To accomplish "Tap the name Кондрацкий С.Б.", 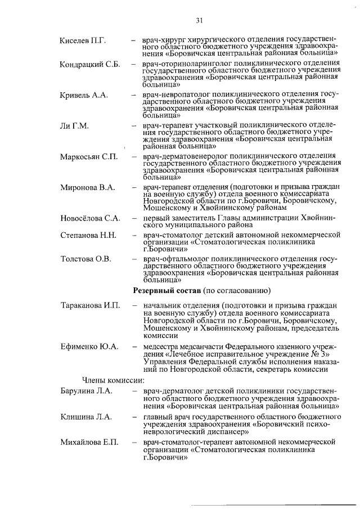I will click(x=90, y=64).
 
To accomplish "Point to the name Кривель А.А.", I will click(x=84, y=94).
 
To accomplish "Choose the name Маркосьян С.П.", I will click(x=89, y=156).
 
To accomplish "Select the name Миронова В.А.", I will click(x=87, y=187).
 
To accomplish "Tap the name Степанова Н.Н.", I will click(x=88, y=234).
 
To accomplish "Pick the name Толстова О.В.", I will click(x=86, y=259).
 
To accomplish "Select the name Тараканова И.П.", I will click(x=90, y=305).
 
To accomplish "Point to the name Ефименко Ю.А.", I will click(x=89, y=347).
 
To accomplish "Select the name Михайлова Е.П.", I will click(x=89, y=443).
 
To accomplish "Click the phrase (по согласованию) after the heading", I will click(x=235, y=291).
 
